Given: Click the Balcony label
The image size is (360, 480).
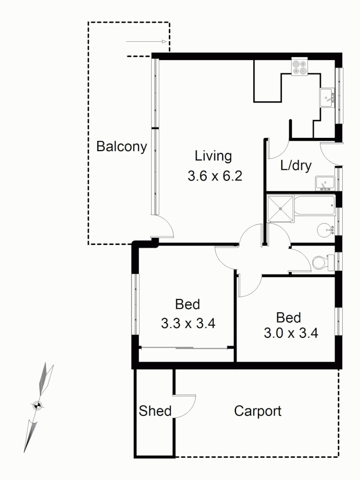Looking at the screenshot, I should pos(121,147).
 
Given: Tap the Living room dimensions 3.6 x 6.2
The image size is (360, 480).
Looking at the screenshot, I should pos(214,176).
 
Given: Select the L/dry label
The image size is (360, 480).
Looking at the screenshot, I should pos(296,165).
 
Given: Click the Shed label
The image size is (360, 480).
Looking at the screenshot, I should pos(155,411).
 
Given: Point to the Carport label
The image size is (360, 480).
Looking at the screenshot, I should pos(258,411).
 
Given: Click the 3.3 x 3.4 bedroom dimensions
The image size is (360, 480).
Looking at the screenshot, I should pos(188,323).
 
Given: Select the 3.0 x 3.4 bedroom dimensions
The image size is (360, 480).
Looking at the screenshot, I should pos(291,333).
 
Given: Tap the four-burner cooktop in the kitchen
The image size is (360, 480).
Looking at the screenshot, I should pos(299,66).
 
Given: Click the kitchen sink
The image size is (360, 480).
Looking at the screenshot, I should pos(328,96).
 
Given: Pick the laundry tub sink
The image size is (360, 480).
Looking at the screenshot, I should pos(325,183).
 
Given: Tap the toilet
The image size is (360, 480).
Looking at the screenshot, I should pos(322,262).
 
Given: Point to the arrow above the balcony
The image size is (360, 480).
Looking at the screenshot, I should pos(146,42).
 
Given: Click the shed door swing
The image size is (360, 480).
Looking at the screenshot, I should pos(185,405).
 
